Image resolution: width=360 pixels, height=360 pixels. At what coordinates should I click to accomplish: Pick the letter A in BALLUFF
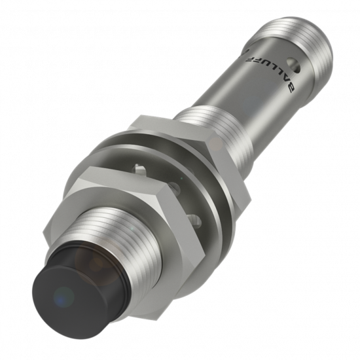[284, 83]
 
